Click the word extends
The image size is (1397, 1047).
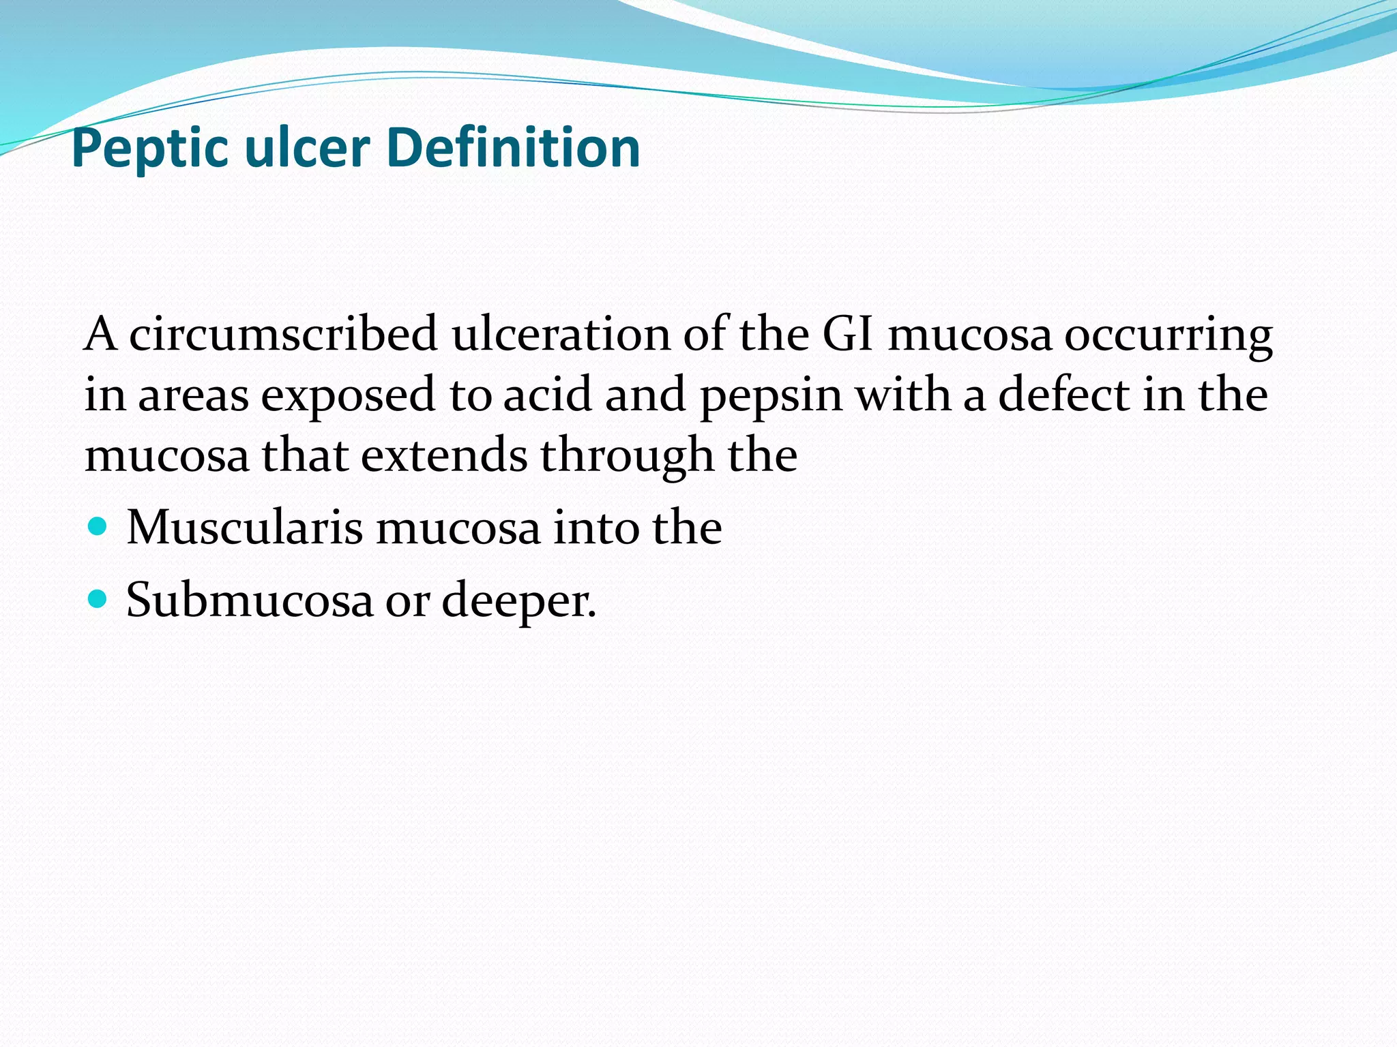(443, 455)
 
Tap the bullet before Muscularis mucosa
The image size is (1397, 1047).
(98, 527)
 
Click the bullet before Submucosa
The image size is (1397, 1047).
(98, 599)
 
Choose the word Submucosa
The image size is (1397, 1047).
(249, 600)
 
